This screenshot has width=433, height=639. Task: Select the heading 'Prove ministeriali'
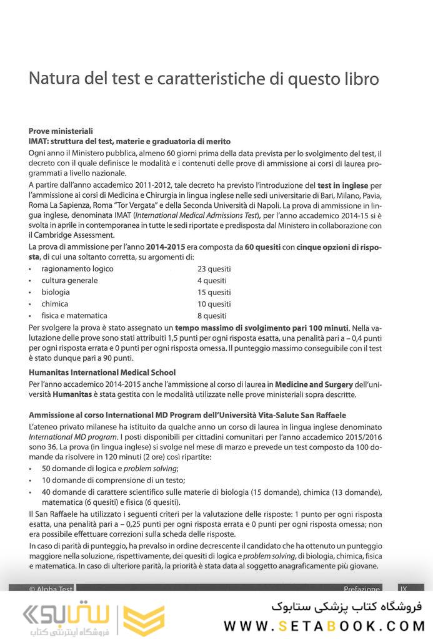[x=61, y=131]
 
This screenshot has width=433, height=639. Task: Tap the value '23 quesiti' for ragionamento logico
[x=214, y=269]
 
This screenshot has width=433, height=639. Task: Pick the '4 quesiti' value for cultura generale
[x=212, y=281]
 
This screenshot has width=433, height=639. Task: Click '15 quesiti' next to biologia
[x=214, y=292]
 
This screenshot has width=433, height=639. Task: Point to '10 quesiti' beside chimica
[x=214, y=304]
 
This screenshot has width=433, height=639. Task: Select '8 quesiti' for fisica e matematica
[x=212, y=316]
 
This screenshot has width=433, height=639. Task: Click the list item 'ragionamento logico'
[x=77, y=269]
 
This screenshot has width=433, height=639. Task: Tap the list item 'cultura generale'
[x=69, y=281]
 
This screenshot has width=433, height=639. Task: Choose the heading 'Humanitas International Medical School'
[x=102, y=373]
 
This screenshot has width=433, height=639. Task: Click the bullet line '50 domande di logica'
[x=110, y=469]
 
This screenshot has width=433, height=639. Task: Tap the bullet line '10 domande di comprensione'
[x=113, y=480]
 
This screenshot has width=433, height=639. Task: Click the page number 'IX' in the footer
[x=404, y=588]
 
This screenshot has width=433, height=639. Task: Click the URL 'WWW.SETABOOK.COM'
[x=324, y=625]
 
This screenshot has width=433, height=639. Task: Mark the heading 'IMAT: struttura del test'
[x=129, y=142]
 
